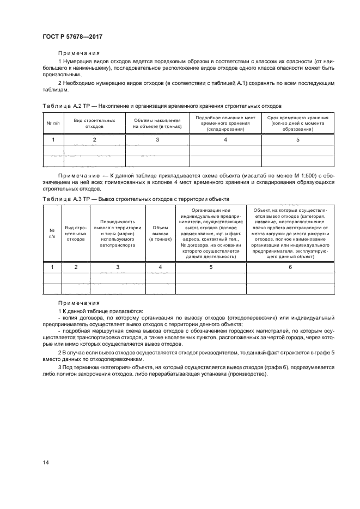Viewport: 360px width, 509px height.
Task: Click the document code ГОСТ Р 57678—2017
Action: click(72, 36)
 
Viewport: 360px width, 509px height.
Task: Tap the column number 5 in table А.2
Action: click(297, 140)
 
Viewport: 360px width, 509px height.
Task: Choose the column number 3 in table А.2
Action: click(157, 140)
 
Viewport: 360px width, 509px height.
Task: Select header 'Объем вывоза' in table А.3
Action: click(160, 233)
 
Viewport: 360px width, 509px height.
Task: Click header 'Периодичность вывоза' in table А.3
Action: click(118, 233)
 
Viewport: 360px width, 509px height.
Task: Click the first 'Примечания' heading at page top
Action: click(79, 53)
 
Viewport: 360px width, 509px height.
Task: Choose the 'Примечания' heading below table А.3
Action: click(79, 303)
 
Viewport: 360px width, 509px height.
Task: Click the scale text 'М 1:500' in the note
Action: click(294, 176)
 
